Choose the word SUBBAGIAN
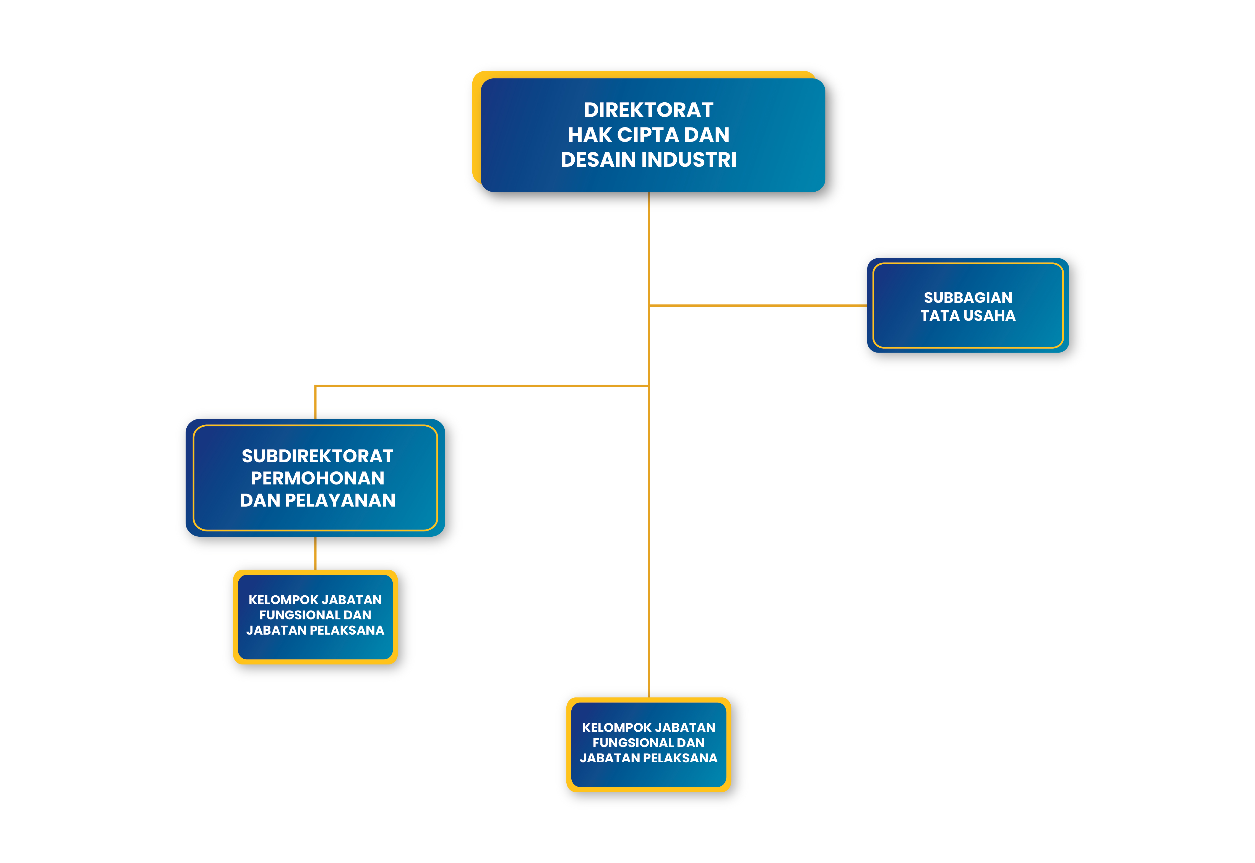pos(968,298)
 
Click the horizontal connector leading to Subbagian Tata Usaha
pos(758,306)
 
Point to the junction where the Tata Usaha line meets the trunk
pos(649,306)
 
